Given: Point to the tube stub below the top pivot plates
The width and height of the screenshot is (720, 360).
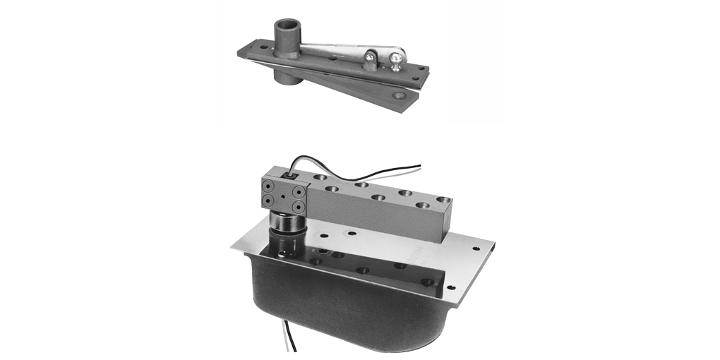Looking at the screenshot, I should point(290,75).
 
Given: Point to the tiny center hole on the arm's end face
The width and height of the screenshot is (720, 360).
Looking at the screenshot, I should point(283,197).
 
